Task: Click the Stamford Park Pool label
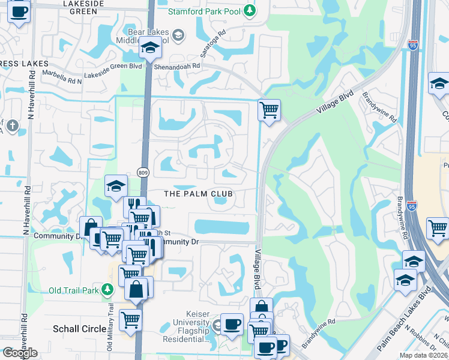point(204,11)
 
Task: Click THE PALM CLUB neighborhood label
point(198,194)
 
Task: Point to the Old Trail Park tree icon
point(108,290)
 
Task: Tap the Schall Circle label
point(80,329)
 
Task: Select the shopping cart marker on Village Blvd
point(269,110)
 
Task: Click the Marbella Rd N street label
point(62,76)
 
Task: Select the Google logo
point(19,353)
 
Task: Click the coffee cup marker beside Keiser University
point(232,324)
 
